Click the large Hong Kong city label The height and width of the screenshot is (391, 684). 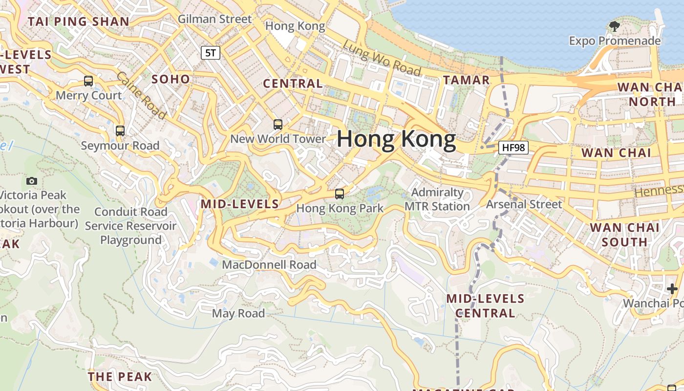[x=396, y=139]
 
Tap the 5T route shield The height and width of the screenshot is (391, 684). [x=211, y=53]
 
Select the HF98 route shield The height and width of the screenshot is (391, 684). [x=513, y=147]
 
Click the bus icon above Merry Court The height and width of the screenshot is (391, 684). [x=88, y=81]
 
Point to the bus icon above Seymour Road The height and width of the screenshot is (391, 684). [x=120, y=131]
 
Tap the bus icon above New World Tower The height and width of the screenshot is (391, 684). [x=278, y=125]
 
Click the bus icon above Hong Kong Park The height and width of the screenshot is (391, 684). [x=340, y=194]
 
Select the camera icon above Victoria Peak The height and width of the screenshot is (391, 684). [x=32, y=181]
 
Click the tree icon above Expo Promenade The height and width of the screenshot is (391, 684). [x=614, y=26]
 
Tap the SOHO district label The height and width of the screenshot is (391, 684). [x=171, y=79]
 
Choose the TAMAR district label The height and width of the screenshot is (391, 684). [x=466, y=80]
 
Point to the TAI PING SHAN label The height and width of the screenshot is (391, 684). [x=79, y=22]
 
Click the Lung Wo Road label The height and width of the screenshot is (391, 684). [x=382, y=58]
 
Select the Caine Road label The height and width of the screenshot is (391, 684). [x=142, y=95]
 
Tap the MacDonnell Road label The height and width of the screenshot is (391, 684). [x=269, y=264]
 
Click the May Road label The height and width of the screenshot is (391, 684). [x=238, y=313]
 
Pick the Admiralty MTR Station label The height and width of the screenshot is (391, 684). [x=437, y=199]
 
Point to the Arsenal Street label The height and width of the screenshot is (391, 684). [x=524, y=204]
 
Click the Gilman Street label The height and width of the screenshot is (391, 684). [x=215, y=19]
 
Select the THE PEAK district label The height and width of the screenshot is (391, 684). [x=120, y=376]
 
